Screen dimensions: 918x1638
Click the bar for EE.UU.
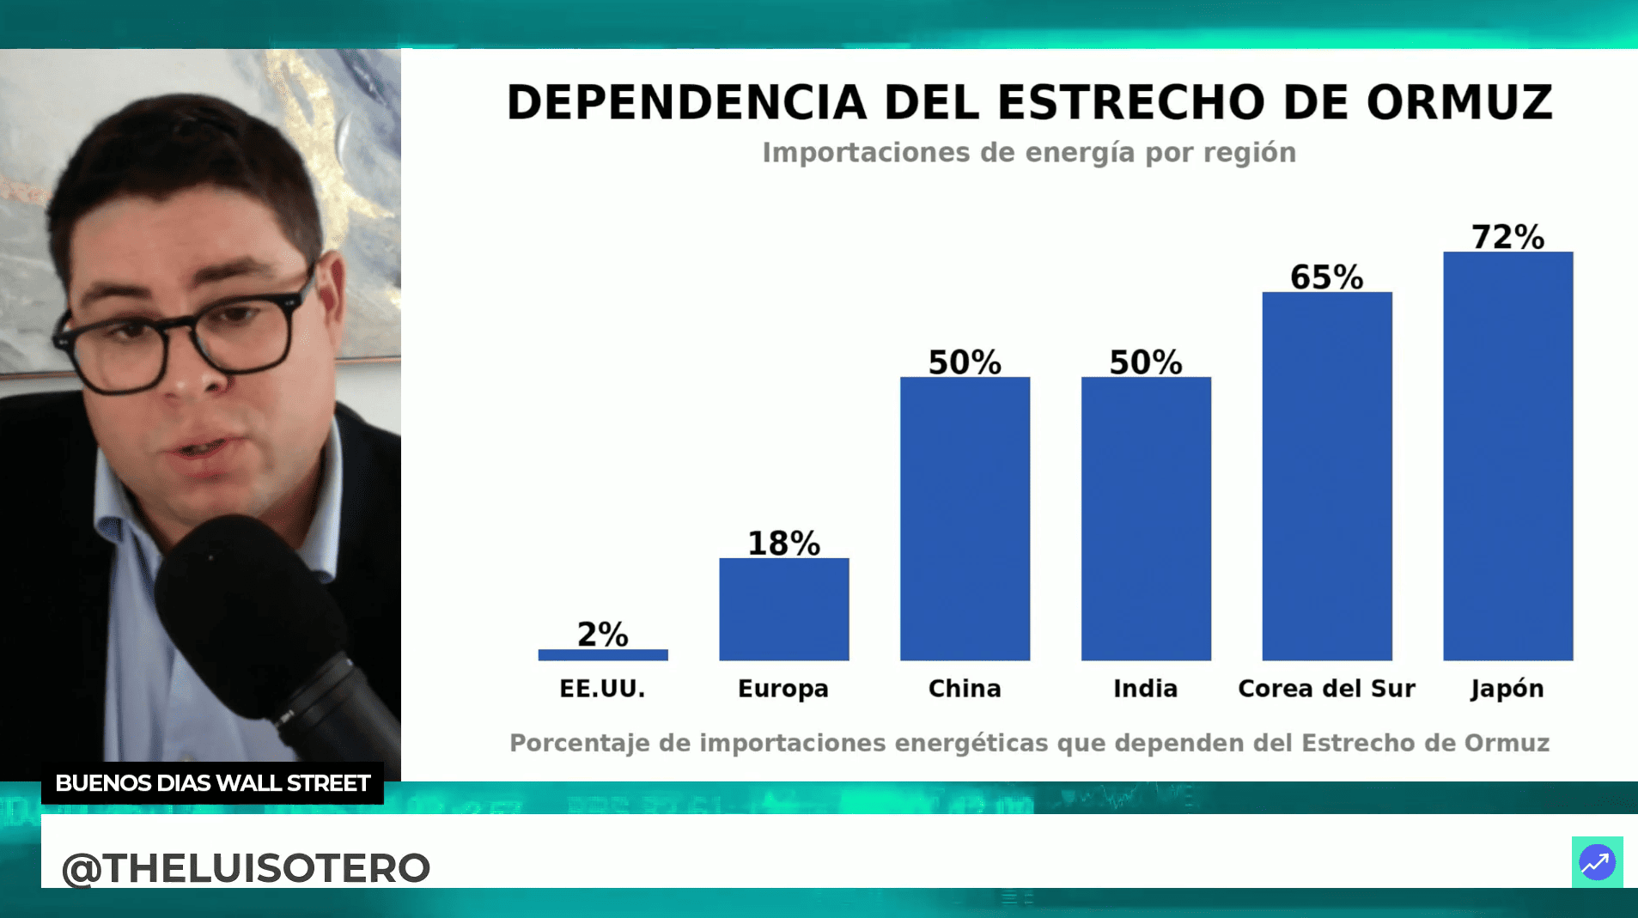pos(603,654)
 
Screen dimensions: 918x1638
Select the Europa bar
pos(783,609)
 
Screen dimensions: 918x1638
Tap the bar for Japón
pos(1507,455)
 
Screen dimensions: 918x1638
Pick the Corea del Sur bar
pos(1326,476)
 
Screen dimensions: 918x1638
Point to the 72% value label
pos(1507,237)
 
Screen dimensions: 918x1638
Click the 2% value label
pos(603,635)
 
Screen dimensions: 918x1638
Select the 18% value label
pos(783,543)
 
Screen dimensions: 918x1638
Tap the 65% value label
pos(1326,277)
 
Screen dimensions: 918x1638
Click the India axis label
pos(1145,689)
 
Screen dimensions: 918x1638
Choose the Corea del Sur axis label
pos(1326,689)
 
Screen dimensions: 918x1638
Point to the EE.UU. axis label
pos(602,689)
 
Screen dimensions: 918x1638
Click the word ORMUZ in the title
pos(1459,103)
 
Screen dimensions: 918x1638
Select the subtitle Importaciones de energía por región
pos(1029,153)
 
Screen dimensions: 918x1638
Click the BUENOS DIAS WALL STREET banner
pos(212,783)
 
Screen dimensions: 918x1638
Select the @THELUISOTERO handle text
pos(246,867)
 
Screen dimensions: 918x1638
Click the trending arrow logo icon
pos(1597,862)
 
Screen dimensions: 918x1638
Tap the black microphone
pos(258,618)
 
